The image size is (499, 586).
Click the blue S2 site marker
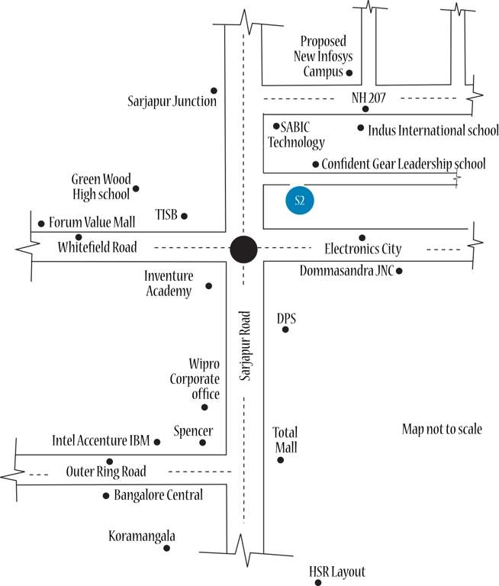pyautogui.click(x=300, y=201)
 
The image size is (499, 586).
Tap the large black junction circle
pyautogui.click(x=244, y=249)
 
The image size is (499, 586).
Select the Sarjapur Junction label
pyautogui.click(x=173, y=101)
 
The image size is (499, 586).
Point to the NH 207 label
pyautogui.click(x=369, y=98)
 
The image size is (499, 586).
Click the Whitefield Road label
pyautogui.click(x=98, y=247)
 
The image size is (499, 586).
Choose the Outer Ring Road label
pyautogui.click(x=106, y=472)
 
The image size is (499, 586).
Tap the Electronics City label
pyautogui.click(x=363, y=249)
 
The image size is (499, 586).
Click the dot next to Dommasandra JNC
pyautogui.click(x=399, y=271)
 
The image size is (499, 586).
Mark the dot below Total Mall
pyautogui.click(x=281, y=460)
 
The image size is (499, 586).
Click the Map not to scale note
pyautogui.click(x=442, y=430)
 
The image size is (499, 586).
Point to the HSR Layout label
pyautogui.click(x=337, y=572)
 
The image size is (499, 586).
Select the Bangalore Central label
pyautogui.click(x=158, y=495)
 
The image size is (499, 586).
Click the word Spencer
pyautogui.click(x=194, y=431)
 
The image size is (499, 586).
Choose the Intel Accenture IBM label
pyautogui.click(x=101, y=441)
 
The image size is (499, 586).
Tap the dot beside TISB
pyautogui.click(x=184, y=216)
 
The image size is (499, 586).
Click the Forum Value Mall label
pyautogui.click(x=92, y=223)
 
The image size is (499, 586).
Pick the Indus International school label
pyautogui.click(x=433, y=130)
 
